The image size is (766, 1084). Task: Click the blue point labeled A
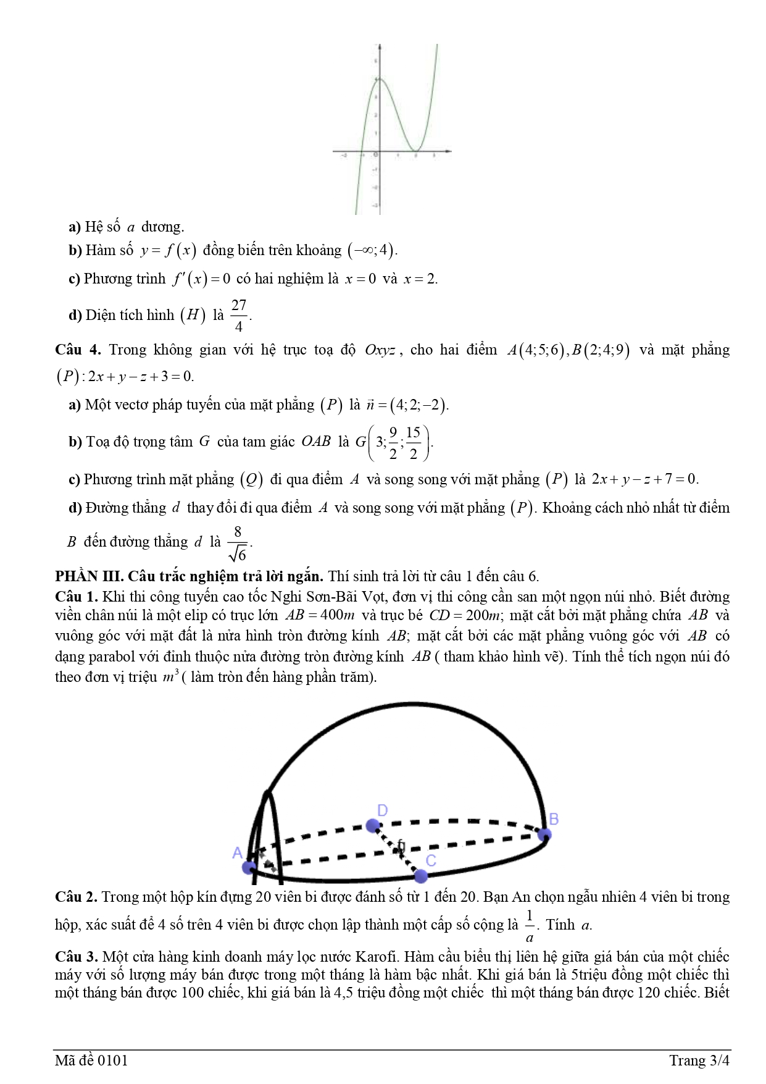pyautogui.click(x=249, y=867)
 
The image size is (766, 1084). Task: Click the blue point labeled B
pyautogui.click(x=544, y=834)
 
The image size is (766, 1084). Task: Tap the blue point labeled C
pyautogui.click(x=420, y=875)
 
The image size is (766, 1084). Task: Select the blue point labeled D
pyautogui.click(x=372, y=825)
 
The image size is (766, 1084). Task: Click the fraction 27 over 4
pyautogui.click(x=239, y=315)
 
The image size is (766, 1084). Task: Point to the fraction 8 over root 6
pyautogui.click(x=238, y=542)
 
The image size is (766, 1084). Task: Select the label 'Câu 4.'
pyautogui.click(x=78, y=350)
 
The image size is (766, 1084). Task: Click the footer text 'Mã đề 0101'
pyautogui.click(x=91, y=1061)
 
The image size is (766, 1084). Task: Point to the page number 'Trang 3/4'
pyautogui.click(x=699, y=1061)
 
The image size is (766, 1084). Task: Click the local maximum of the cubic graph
pyautogui.click(x=380, y=79)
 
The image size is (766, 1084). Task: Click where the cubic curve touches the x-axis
pyautogui.click(x=417, y=151)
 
